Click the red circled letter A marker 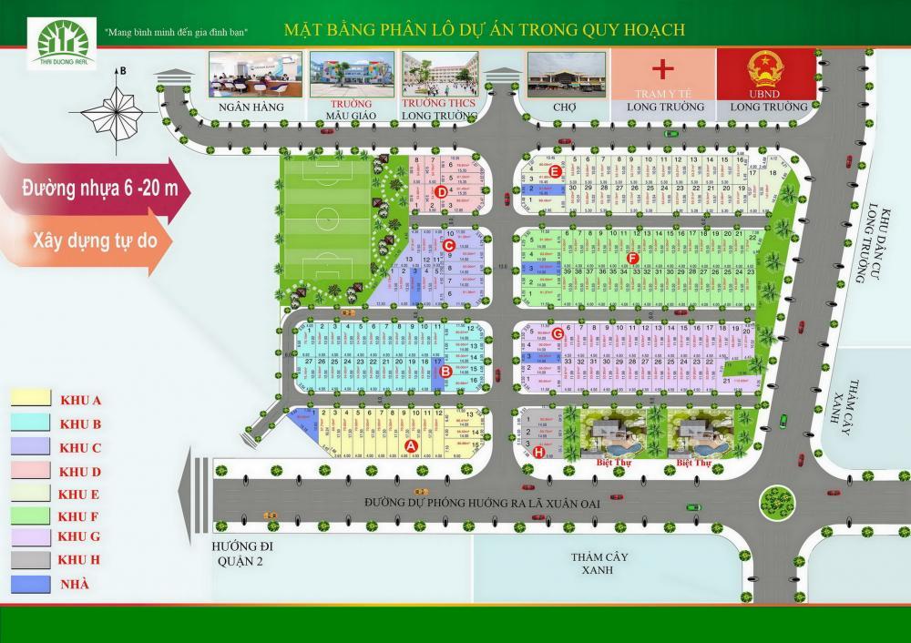[x=410, y=445]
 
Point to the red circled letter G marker [x=558, y=335]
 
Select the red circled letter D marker [x=441, y=191]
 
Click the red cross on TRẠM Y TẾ [x=663, y=68]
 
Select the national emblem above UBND [x=763, y=69]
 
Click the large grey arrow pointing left [x=195, y=500]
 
